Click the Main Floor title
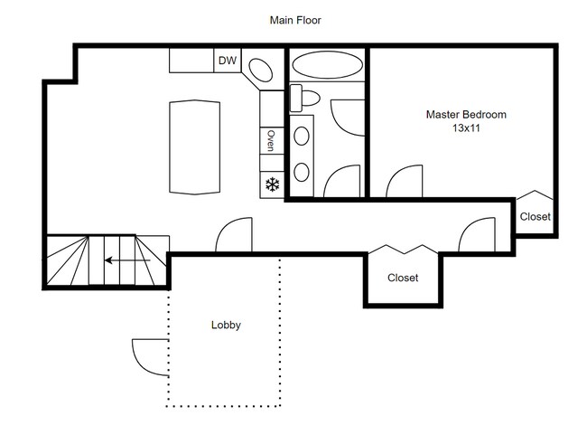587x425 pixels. pyautogui.click(x=295, y=19)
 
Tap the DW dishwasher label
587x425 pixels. pyautogui.click(x=228, y=61)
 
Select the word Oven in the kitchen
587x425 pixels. pyautogui.click(x=270, y=140)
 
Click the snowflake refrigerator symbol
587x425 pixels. pyautogui.click(x=270, y=184)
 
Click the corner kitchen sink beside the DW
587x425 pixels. pyautogui.click(x=261, y=71)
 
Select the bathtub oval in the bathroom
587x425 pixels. pyautogui.click(x=325, y=66)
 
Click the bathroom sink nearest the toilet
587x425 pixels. pyautogui.click(x=301, y=137)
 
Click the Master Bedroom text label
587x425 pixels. pyautogui.click(x=466, y=115)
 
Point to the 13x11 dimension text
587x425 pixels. pyautogui.click(x=466, y=129)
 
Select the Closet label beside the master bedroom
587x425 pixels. pyautogui.click(x=535, y=217)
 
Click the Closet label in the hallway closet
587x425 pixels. pyautogui.click(x=403, y=279)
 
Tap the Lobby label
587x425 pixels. pyautogui.click(x=225, y=325)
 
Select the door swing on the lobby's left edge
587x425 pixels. pyautogui.click(x=149, y=354)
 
